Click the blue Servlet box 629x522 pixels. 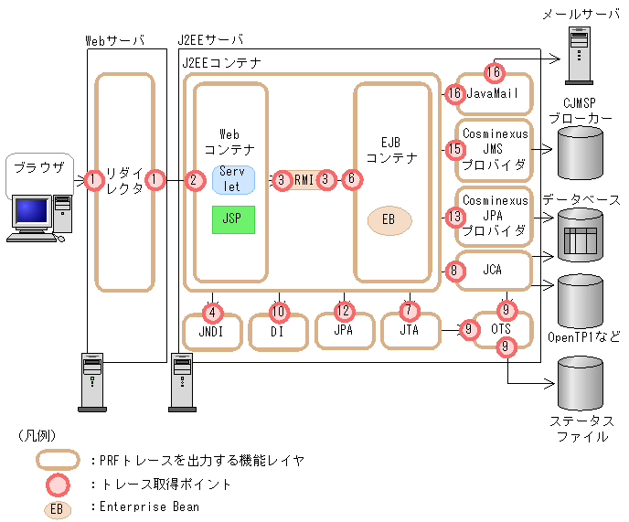click(x=233, y=179)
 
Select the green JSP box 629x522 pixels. click(x=233, y=219)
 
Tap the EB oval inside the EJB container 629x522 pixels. click(x=389, y=220)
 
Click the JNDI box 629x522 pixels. click(x=213, y=330)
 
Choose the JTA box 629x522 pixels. click(x=409, y=330)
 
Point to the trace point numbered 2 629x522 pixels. click(x=194, y=180)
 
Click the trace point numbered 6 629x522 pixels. click(x=351, y=180)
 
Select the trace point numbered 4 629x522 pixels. click(x=213, y=311)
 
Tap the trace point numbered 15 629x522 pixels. click(x=454, y=148)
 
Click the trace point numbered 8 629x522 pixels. click(x=454, y=270)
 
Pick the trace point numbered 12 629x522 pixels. click(x=344, y=310)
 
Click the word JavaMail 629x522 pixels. click(x=494, y=93)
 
